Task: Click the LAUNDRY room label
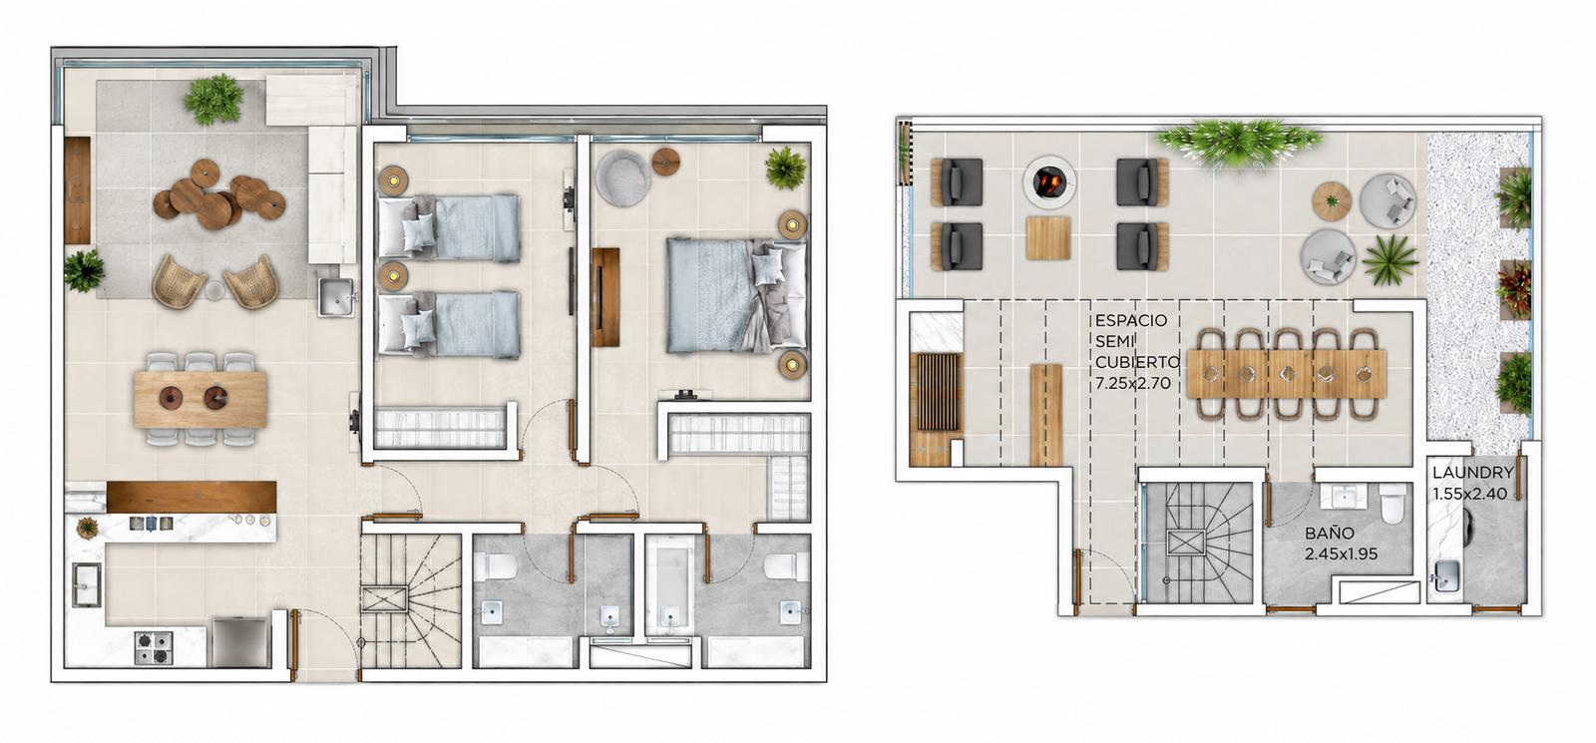click(x=1472, y=473)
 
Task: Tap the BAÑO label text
click(x=1330, y=533)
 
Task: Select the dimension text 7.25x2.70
click(x=1133, y=383)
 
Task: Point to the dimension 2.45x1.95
click(x=1341, y=554)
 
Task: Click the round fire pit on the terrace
click(x=1047, y=183)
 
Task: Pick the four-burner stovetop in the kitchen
click(x=154, y=647)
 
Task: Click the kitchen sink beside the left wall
click(x=86, y=584)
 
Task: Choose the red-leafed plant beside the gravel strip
click(x=1514, y=288)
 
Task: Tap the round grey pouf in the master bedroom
click(x=622, y=179)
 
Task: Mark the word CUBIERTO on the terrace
click(x=1137, y=362)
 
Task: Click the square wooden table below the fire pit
click(x=1048, y=238)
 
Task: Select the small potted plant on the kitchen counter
click(x=87, y=528)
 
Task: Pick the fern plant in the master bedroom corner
click(x=786, y=169)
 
